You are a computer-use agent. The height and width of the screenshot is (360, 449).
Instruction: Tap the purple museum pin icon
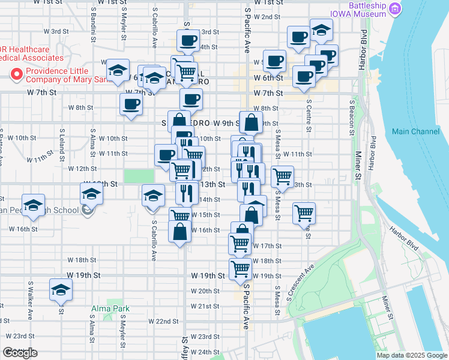pos(395,8)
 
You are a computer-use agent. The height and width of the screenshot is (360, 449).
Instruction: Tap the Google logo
pos(20,353)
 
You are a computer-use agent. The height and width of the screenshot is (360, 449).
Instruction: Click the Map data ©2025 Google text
pos(412,355)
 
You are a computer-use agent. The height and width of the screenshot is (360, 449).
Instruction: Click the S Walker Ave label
pos(29,294)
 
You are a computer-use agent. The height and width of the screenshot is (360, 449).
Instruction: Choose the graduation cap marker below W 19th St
pos(61,290)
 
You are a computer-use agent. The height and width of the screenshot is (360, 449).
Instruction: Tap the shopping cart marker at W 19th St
pos(240,269)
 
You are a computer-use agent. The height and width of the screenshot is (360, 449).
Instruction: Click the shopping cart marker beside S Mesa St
pos(282,176)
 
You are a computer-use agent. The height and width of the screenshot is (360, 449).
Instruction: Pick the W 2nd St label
pos(267,17)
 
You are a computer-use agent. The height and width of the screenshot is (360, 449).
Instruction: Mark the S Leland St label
pos(62,144)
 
